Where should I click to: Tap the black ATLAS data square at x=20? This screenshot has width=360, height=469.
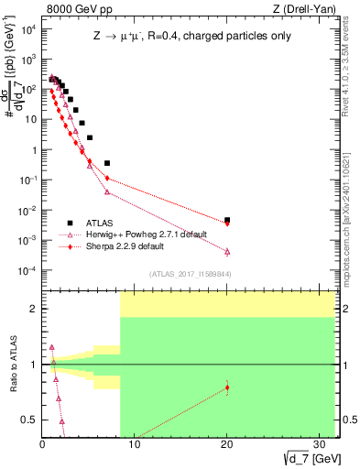pos(227,220)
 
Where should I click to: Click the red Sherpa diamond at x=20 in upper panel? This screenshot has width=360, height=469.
pos(227,223)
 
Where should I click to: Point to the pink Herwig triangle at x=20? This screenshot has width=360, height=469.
pos(227,251)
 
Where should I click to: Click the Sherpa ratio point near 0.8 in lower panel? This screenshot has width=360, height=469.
pos(227,387)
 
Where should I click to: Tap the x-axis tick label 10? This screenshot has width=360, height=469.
pos(134,446)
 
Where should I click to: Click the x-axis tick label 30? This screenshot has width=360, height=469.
pos(321,446)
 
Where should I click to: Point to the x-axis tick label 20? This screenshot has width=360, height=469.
pos(227,446)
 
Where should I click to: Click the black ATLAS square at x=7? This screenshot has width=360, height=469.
pos(107,163)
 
